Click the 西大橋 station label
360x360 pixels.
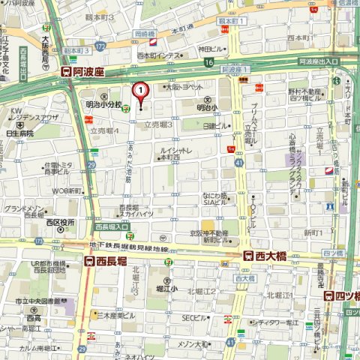click(266, 255)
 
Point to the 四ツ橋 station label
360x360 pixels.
click(347, 295)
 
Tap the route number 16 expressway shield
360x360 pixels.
click(208, 61)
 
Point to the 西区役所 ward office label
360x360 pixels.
click(59, 222)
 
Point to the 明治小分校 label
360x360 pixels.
click(98, 104)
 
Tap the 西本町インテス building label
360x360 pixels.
click(159, 55)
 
